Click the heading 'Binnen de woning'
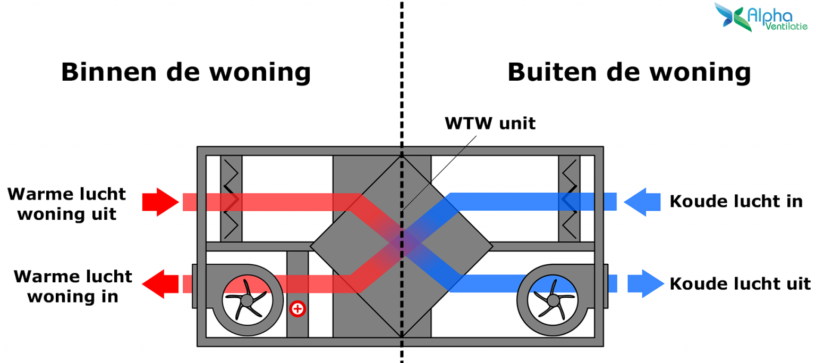click(x=185, y=72)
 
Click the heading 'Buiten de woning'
click(x=629, y=72)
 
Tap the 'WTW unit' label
click(x=490, y=124)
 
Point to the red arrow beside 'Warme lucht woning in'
click(x=160, y=283)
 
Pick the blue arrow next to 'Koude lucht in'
click(x=642, y=202)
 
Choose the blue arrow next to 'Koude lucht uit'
click(x=645, y=283)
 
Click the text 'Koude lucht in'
click(x=736, y=202)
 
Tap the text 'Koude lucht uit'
click(x=740, y=284)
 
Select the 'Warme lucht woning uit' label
click(x=67, y=204)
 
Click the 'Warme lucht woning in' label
click(x=73, y=286)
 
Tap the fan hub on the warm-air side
click(x=246, y=300)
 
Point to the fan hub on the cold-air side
click(x=553, y=300)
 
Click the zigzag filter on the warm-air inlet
click(x=231, y=199)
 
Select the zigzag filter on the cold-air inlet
click(x=569, y=199)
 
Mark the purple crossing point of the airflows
click(x=402, y=243)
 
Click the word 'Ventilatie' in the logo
click(x=786, y=27)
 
